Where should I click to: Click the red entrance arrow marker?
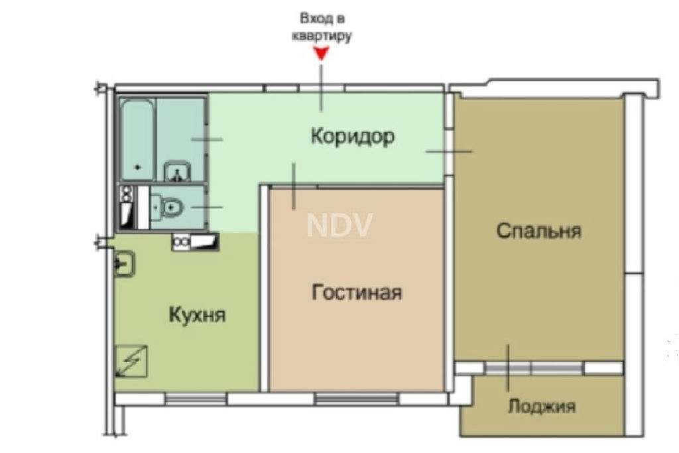click(321, 53)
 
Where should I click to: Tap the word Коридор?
click(353, 136)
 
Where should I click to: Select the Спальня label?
click(538, 231)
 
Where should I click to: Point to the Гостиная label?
click(357, 292)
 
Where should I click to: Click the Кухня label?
click(197, 315)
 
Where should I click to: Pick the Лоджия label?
click(542, 406)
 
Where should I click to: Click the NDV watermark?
click(339, 226)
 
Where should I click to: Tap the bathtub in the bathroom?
click(137, 139)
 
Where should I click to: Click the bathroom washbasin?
click(177, 172)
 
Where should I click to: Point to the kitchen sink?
click(125, 264)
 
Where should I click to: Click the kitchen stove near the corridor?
click(196, 241)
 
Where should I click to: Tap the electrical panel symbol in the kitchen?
click(131, 361)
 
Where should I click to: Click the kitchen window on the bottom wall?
click(196, 399)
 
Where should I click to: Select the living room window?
click(357, 399)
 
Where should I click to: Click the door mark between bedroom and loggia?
click(509, 368)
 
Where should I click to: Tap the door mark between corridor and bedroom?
click(449, 152)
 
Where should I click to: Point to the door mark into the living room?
click(294, 186)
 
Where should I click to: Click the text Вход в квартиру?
click(322, 27)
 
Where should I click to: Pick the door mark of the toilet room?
click(207, 208)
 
